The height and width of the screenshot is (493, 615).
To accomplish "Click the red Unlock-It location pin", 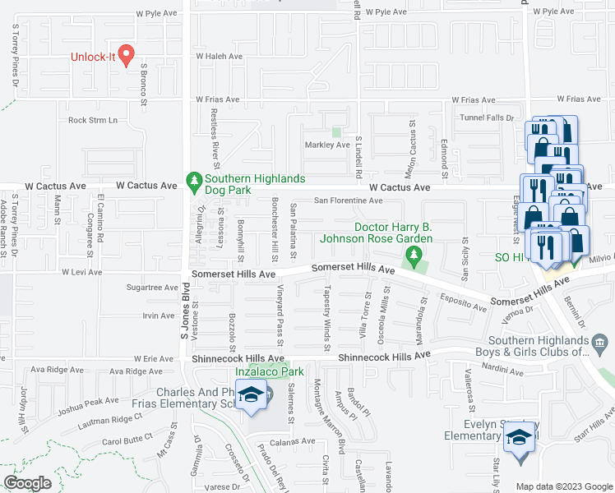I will point(126,55).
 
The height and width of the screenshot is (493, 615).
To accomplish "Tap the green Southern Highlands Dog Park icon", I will point(195,178).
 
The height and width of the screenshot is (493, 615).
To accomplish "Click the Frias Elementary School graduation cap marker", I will point(252,394).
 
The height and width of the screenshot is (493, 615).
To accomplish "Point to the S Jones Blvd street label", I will point(186,311).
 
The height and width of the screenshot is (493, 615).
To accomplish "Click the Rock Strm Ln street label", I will point(93,120).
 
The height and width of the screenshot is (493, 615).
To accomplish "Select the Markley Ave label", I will point(327,145).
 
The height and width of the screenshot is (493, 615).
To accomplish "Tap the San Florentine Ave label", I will point(349,200).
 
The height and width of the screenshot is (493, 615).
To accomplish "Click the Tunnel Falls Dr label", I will point(491,118).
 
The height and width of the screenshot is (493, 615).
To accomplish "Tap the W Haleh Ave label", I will point(219,57).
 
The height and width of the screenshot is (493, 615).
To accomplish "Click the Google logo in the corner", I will point(27,482).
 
